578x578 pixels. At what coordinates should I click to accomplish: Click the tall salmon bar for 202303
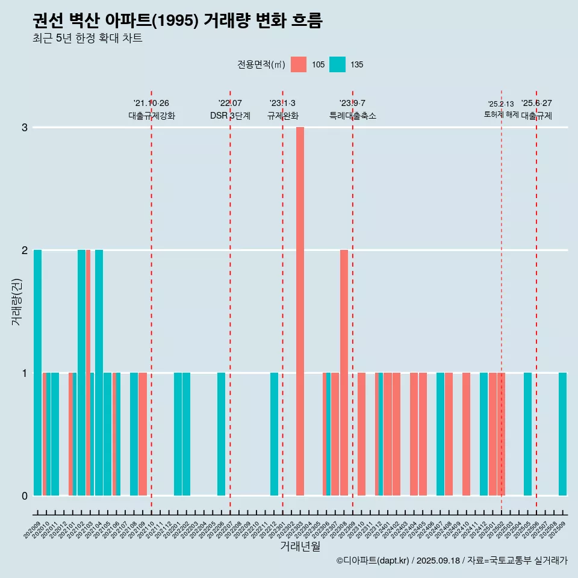[300, 311]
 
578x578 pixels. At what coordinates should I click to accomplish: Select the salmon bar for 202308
[344, 373]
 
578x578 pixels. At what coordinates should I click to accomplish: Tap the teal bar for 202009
[37, 373]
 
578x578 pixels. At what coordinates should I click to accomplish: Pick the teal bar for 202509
[562, 434]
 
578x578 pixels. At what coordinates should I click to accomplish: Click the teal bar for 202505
[527, 434]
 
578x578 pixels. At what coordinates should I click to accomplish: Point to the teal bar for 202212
[274, 434]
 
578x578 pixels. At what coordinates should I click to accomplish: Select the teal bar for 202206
[221, 434]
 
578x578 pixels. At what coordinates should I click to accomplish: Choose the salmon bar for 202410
[466, 434]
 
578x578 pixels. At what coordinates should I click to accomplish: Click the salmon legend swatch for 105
[299, 64]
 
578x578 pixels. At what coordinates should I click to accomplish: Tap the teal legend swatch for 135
[337, 64]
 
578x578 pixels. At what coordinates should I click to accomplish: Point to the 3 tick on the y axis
[25, 128]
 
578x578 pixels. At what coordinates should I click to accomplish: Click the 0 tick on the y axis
[25, 496]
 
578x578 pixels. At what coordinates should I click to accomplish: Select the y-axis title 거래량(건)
[16, 302]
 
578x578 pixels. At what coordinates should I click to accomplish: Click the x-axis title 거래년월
[300, 546]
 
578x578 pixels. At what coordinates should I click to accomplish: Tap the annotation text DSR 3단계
[230, 116]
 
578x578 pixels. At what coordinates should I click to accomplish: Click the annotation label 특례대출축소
[353, 116]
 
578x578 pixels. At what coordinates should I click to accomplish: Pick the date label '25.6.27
[536, 103]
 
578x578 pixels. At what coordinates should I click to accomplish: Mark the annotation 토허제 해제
[501, 114]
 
